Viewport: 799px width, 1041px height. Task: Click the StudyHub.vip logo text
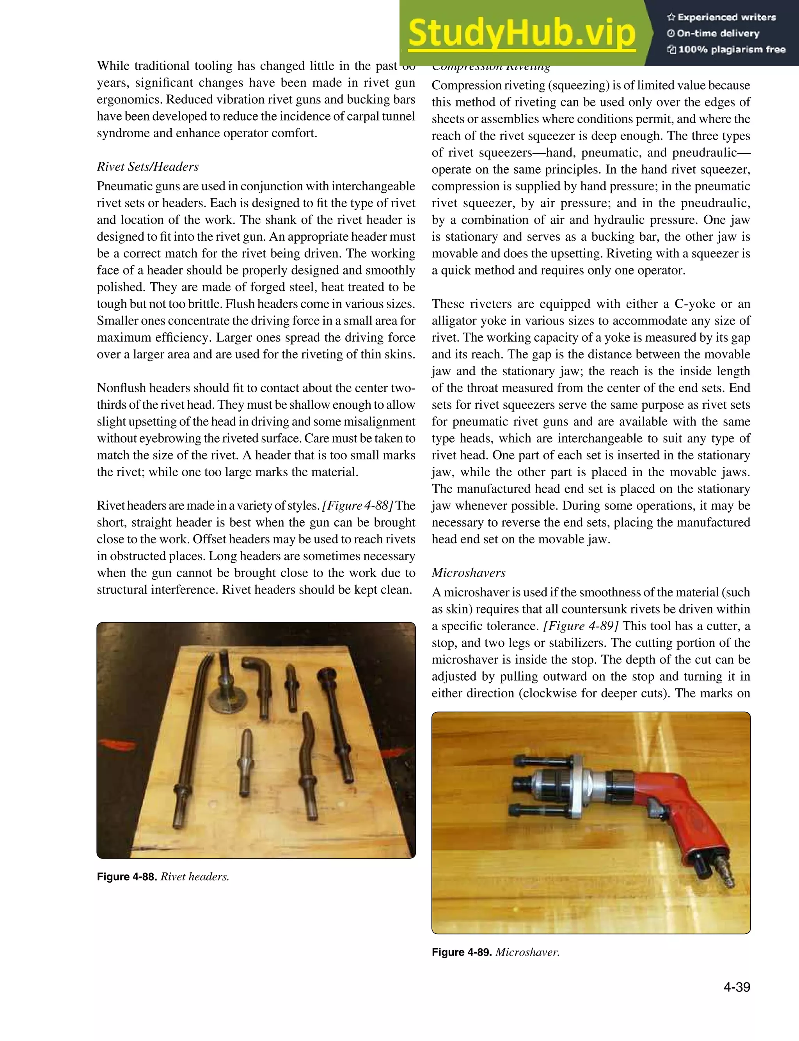coord(522,33)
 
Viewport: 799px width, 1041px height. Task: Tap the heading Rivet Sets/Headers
coord(147,167)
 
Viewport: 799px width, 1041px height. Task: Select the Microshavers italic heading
coord(468,573)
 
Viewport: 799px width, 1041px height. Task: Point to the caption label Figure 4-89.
coord(461,952)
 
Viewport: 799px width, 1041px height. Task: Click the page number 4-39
coord(736,987)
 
